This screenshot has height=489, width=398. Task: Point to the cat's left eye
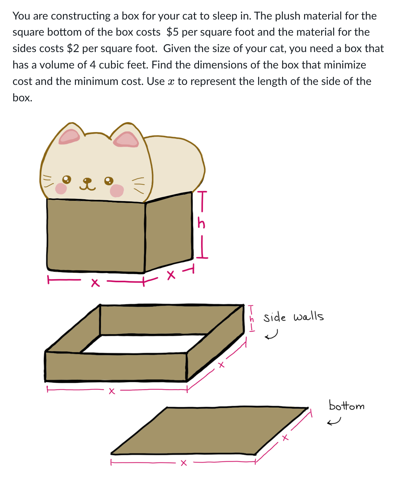[67, 179]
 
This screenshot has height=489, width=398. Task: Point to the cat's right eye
[108, 180]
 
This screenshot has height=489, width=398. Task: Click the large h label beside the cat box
[201, 223]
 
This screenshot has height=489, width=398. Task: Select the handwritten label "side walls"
[293, 317]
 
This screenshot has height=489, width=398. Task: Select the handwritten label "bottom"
[347, 405]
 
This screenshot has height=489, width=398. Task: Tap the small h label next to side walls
[252, 318]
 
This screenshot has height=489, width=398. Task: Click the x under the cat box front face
[95, 283]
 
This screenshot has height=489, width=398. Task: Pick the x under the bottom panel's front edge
[184, 463]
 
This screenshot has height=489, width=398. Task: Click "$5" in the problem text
[173, 32]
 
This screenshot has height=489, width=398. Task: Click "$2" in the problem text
[73, 49]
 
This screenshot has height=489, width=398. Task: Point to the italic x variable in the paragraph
[171, 81]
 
